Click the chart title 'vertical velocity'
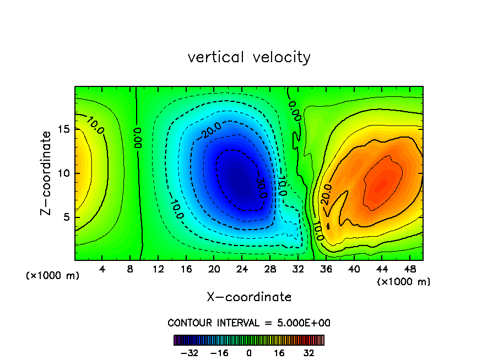click(x=249, y=57)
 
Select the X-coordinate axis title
click(x=249, y=297)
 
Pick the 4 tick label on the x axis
click(x=102, y=269)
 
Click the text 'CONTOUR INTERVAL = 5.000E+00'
click(x=249, y=323)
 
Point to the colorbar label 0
click(x=249, y=353)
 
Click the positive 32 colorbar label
click(x=308, y=353)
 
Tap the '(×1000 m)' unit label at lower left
click(x=53, y=276)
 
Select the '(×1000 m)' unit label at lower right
click(x=403, y=281)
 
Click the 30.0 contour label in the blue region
click(x=261, y=187)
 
